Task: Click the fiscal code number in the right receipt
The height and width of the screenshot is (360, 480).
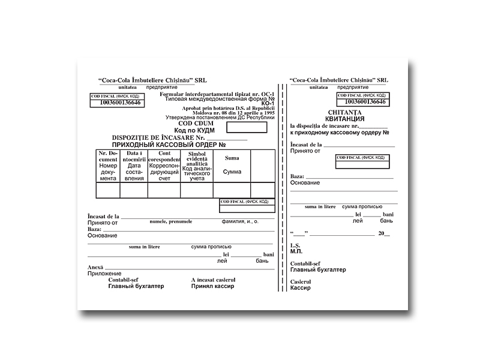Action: click(362, 102)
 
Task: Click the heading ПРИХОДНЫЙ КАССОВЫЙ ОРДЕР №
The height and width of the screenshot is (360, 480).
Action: click(169, 145)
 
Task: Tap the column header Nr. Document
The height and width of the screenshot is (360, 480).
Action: click(108, 166)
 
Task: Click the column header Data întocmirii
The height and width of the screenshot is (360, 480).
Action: click(134, 166)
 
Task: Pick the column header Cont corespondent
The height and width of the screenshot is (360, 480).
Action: click(164, 166)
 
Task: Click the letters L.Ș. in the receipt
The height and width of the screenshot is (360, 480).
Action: click(295, 245)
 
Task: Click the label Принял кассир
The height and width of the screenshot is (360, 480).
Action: click(212, 286)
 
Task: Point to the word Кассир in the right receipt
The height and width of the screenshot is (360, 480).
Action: click(300, 288)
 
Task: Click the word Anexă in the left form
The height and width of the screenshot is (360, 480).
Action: click(96, 267)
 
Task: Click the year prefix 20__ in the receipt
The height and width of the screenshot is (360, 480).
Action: click(383, 233)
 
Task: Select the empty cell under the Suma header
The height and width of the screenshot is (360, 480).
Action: click(232, 190)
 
